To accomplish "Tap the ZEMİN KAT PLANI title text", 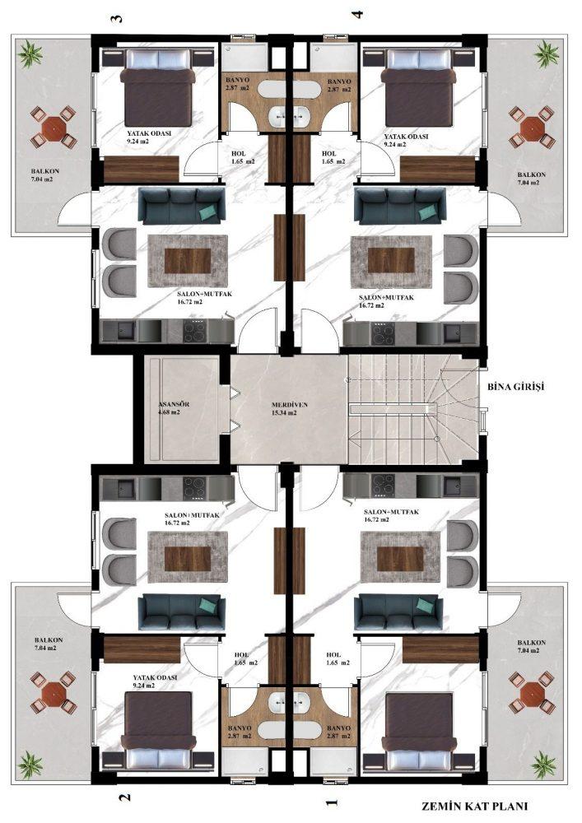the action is click(x=474, y=807).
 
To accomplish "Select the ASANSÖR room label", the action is click(x=174, y=404).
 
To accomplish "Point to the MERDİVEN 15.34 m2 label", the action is click(x=290, y=409).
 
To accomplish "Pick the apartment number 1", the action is click(x=331, y=803).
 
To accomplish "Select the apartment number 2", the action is click(x=124, y=797).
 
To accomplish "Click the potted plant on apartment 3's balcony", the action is click(x=30, y=54).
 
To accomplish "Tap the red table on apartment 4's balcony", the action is click(x=531, y=128).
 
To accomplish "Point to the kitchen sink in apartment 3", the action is click(x=125, y=331).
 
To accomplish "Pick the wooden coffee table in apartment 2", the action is click(x=188, y=559).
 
